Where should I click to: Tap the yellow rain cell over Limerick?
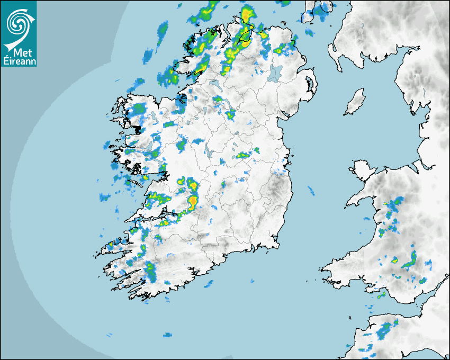pyautogui.click(x=193, y=201)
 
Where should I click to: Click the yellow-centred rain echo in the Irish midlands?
pyautogui.click(x=243, y=155)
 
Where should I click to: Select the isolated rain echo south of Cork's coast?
pyautogui.click(x=209, y=284)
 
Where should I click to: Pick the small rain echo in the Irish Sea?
pyautogui.click(x=311, y=189)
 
